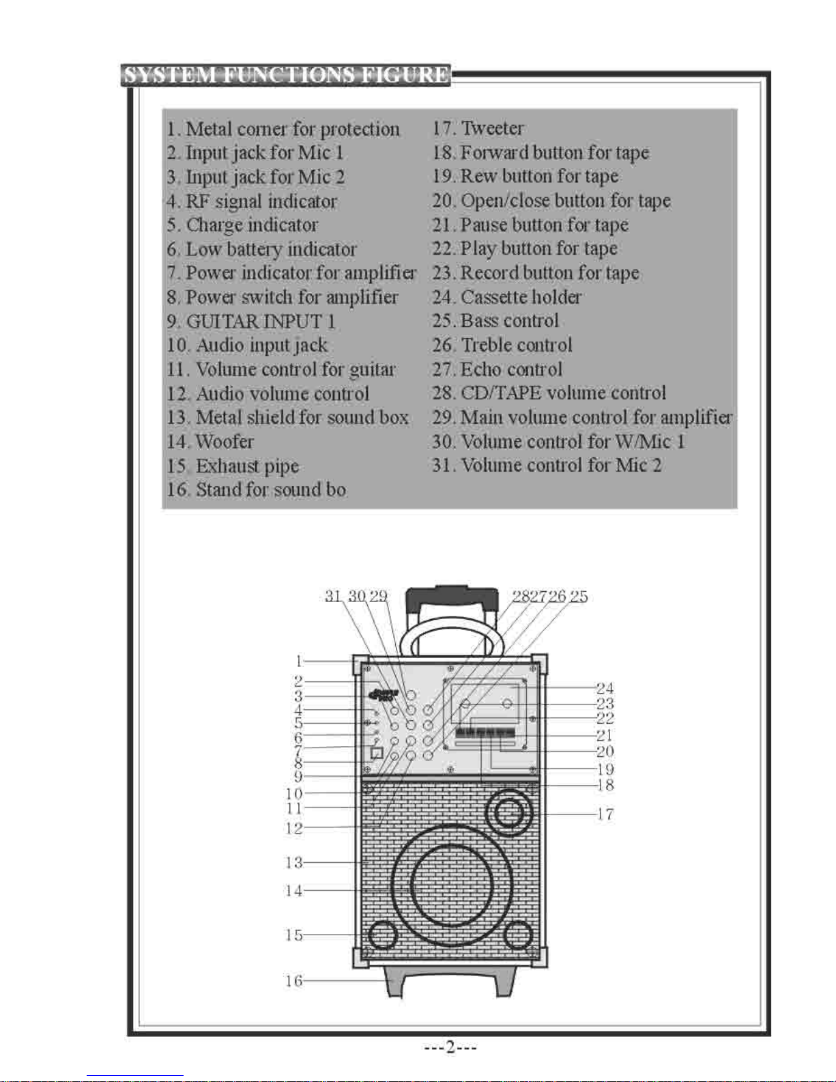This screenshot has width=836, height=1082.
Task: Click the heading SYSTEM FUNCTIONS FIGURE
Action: [286, 75]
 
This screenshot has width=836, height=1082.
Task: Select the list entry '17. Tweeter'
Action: [478, 128]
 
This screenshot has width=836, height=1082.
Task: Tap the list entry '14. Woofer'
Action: [210, 442]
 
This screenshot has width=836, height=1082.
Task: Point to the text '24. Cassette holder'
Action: [506, 297]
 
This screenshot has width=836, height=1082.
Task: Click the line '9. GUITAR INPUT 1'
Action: [251, 322]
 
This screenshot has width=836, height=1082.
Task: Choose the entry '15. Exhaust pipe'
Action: [233, 466]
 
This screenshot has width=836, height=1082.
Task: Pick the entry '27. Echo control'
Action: [497, 369]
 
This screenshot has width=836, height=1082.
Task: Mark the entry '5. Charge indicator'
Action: [242, 225]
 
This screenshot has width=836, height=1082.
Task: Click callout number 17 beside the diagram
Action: [605, 814]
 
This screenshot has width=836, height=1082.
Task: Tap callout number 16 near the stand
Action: [293, 981]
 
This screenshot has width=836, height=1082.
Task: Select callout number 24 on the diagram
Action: [605, 689]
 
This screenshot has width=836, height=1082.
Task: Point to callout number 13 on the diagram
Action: [293, 862]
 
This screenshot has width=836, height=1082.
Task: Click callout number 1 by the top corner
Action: [299, 661]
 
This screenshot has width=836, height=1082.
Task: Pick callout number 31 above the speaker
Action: [333, 596]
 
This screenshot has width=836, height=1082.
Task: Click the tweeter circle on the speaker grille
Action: [508, 814]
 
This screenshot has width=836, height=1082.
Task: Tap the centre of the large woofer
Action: [451, 886]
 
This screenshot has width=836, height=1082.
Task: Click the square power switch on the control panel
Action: [377, 752]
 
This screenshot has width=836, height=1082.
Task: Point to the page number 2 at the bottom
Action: [450, 1047]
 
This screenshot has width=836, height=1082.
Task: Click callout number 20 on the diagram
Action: [605, 752]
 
